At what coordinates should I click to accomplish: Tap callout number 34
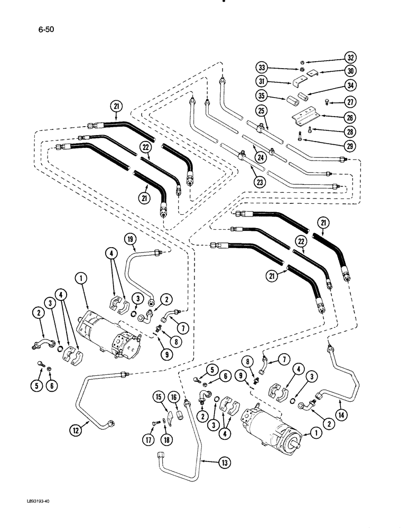click(x=349, y=86)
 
